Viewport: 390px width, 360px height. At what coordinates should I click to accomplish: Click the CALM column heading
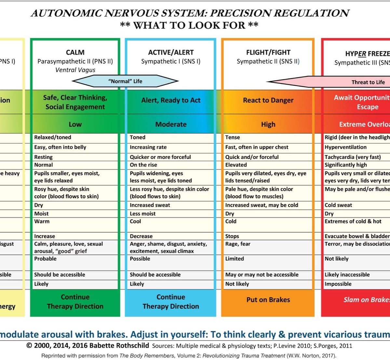pos(75,52)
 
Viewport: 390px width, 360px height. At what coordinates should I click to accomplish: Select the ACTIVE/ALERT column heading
pos(171,52)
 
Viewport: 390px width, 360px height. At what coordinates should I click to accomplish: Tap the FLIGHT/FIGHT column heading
pos(268,52)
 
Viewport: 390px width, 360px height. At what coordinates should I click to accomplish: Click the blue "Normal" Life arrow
pos(125,81)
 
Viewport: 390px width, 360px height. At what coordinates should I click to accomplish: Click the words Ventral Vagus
pos(75,70)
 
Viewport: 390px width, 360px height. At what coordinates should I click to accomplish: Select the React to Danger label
pos(268,100)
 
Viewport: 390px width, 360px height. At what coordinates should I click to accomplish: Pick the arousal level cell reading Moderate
pos(171,124)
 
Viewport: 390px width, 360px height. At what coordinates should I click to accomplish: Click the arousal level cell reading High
pos(268,124)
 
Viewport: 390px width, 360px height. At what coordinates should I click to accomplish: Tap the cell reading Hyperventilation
pos(345,147)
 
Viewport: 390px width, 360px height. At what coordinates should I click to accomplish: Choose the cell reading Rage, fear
pos(238,244)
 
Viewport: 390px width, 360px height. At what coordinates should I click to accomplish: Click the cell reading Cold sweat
pos(338,205)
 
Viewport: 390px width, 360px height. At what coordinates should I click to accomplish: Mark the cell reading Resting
pos(43,157)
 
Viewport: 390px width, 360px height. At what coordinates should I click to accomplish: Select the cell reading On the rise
pos(143,165)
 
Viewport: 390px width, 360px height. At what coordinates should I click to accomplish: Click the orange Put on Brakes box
pos(268,300)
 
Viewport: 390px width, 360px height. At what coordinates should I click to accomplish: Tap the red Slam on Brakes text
pos(366,300)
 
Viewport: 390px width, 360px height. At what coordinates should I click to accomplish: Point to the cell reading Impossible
pos(338,284)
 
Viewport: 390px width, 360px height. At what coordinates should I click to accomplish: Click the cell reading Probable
pos(45,259)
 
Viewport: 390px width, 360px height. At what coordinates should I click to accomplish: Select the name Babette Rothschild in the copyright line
pos(119,346)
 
